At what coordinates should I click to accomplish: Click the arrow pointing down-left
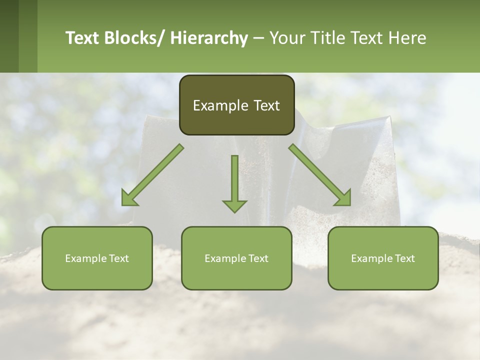(x=152, y=175)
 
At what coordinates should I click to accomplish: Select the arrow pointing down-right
(x=320, y=175)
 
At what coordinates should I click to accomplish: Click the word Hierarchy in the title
(x=209, y=38)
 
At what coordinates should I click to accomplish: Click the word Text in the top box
(x=266, y=105)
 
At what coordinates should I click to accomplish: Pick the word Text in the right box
(x=404, y=258)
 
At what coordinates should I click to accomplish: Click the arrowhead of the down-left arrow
(x=129, y=199)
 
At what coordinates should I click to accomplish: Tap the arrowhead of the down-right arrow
(x=343, y=198)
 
